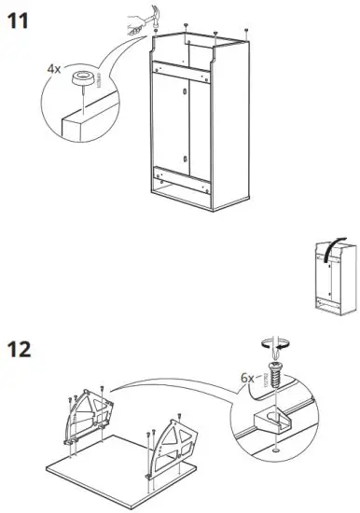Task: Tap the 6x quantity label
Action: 247,378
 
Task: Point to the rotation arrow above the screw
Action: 273,347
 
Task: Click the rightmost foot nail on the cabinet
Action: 245,31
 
